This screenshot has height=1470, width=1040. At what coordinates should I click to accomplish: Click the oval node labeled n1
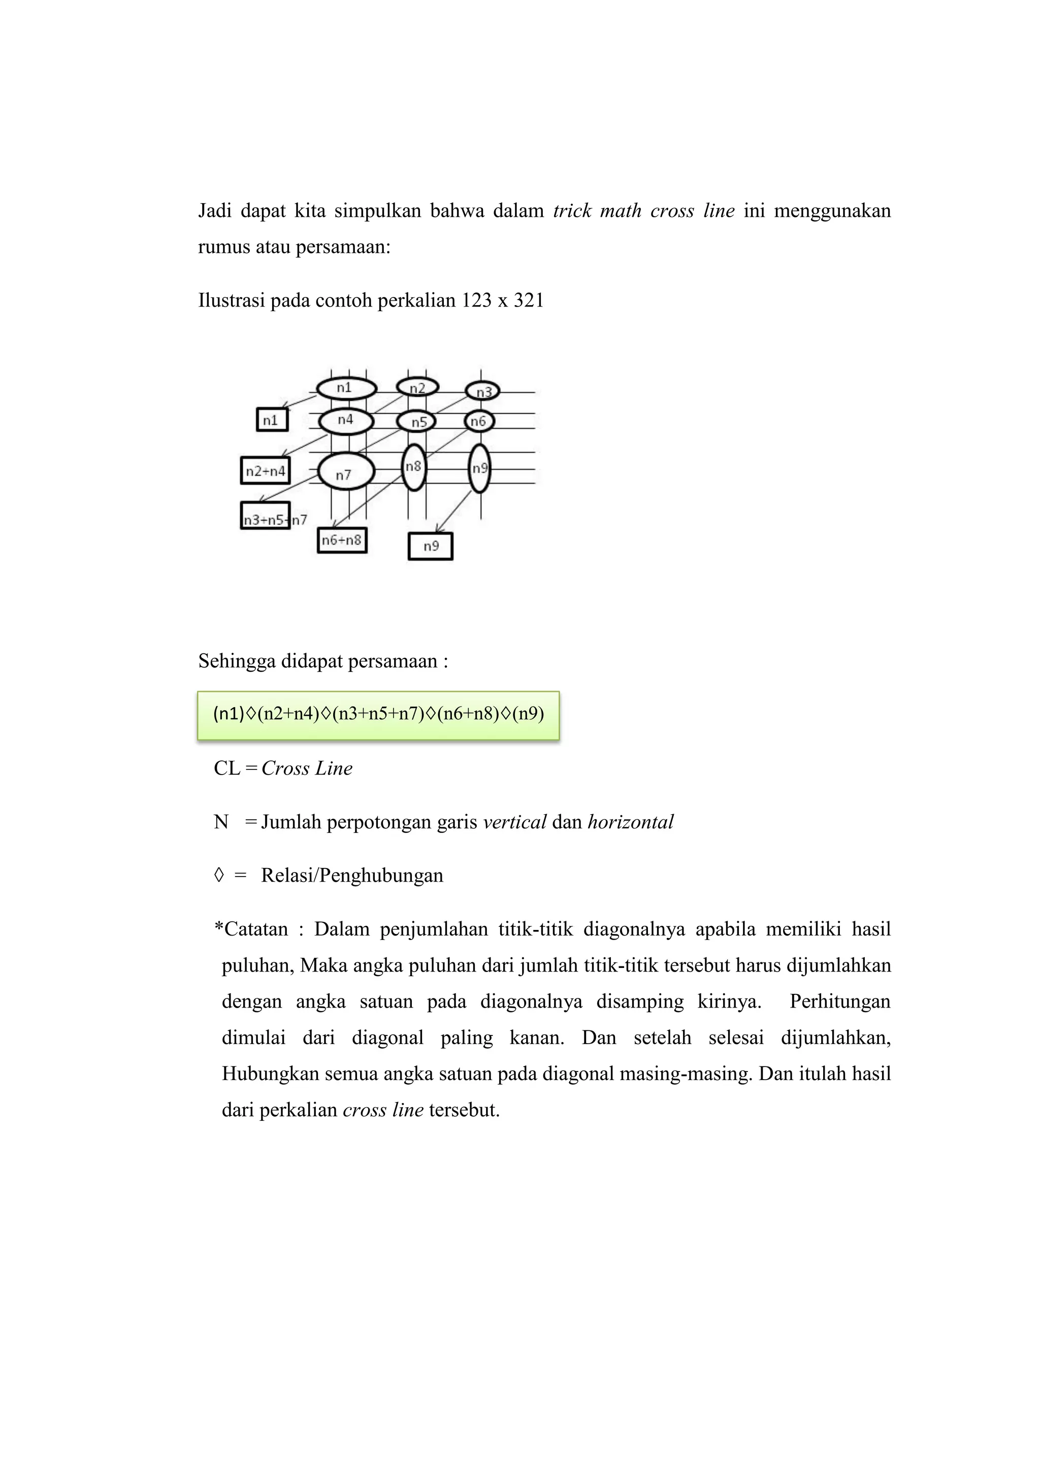coord(346,388)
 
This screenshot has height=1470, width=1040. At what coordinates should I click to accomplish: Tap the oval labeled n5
coord(416,422)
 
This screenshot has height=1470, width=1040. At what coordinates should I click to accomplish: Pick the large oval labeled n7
coord(346,474)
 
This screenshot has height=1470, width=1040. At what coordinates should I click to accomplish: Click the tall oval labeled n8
coord(414,467)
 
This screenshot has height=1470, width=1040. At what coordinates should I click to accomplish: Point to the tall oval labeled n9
coord(479,469)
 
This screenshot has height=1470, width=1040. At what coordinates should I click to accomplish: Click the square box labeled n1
coord(272,420)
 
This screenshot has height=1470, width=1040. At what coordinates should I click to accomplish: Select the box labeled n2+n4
coord(265,471)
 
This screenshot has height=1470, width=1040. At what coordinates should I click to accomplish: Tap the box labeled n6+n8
coord(342,541)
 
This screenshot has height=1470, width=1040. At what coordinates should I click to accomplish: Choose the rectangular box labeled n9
coord(430,546)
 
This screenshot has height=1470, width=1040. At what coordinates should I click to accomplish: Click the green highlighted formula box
coord(378,715)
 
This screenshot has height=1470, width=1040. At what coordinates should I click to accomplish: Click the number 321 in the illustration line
coord(528,300)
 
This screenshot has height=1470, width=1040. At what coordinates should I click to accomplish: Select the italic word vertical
coord(514,822)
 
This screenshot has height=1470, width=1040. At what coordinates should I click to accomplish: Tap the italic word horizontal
coord(630,822)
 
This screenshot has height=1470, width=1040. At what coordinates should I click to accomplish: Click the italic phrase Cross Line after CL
coord(307,769)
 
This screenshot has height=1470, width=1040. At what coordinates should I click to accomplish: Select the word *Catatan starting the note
coord(251,929)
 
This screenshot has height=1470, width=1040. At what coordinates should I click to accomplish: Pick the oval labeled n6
coord(478,421)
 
